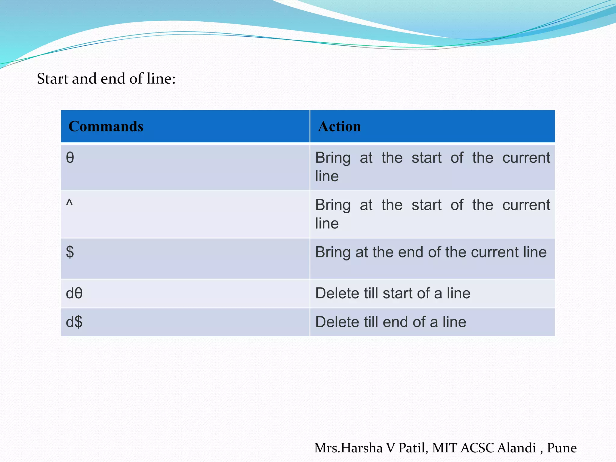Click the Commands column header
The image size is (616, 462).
click(106, 126)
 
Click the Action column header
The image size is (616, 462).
click(339, 126)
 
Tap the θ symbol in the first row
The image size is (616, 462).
click(70, 158)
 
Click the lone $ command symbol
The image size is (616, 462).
click(70, 252)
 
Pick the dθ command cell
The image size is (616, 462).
click(74, 293)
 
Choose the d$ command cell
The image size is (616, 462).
click(74, 322)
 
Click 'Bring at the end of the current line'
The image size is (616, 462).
click(430, 252)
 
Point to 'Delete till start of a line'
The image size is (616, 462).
click(393, 293)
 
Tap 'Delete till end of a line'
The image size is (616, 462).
click(390, 322)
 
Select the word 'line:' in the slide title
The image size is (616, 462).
click(161, 79)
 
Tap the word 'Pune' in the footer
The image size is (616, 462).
click(562, 448)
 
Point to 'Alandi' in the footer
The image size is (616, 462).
click(516, 448)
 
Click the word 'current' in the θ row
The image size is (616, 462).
click(526, 158)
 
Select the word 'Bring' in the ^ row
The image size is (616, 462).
click(333, 205)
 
